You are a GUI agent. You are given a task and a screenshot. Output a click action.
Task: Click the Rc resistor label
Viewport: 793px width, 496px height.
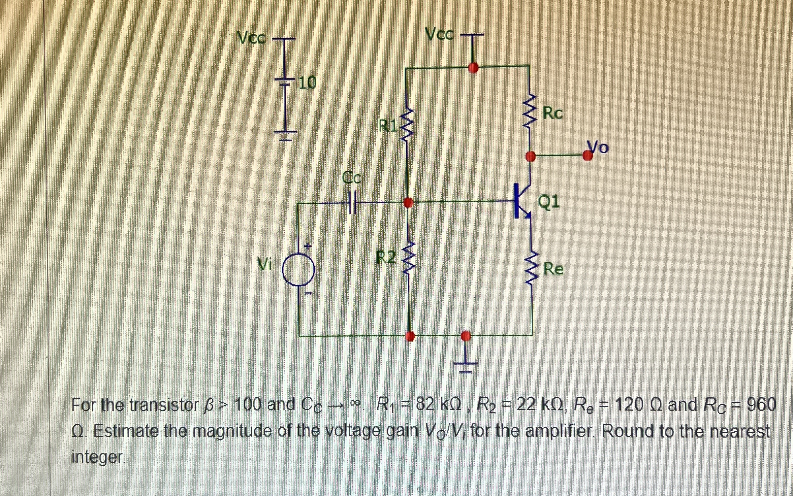[x=553, y=113]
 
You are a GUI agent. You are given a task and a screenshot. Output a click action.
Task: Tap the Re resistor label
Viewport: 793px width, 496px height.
[x=554, y=269]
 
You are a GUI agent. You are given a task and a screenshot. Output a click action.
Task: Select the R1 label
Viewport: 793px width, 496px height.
[x=388, y=125]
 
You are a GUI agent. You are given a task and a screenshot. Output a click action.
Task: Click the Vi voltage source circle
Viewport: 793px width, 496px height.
[x=299, y=269]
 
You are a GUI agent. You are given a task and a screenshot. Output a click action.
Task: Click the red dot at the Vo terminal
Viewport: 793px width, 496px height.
[x=587, y=155]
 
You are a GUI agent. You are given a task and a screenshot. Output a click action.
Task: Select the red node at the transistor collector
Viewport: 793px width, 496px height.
[x=530, y=156]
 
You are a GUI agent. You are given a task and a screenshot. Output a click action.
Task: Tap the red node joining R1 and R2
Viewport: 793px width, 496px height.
[x=408, y=202]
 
